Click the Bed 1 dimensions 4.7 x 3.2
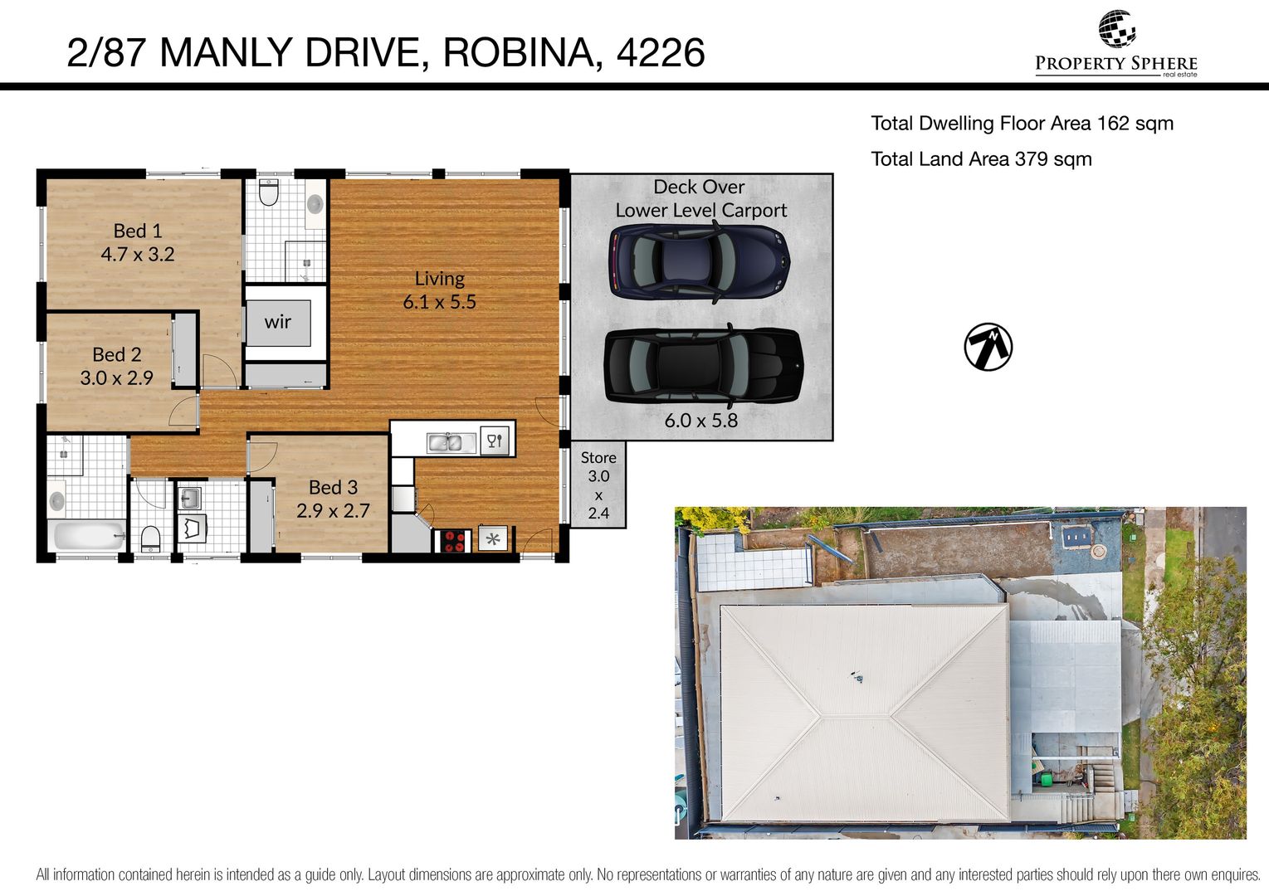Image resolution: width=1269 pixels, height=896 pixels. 138,255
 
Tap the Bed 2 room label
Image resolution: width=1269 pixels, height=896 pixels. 117,354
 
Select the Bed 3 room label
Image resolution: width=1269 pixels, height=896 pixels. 333,487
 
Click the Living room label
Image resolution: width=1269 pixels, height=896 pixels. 440,279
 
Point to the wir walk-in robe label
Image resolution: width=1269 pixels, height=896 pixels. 277,322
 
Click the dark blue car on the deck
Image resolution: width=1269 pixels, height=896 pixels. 699,261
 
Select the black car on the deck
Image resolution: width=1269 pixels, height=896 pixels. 703,365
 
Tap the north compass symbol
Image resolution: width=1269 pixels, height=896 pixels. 988,347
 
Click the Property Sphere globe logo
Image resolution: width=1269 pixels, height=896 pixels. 1116,29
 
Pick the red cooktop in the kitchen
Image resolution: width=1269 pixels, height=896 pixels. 453,540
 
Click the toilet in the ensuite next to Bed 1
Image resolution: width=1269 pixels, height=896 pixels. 269,192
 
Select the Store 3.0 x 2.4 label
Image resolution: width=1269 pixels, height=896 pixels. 598,485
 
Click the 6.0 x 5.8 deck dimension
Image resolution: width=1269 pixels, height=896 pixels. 700,421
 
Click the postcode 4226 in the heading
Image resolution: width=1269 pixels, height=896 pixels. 661,52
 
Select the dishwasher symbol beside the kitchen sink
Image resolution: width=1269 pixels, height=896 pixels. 495,441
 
